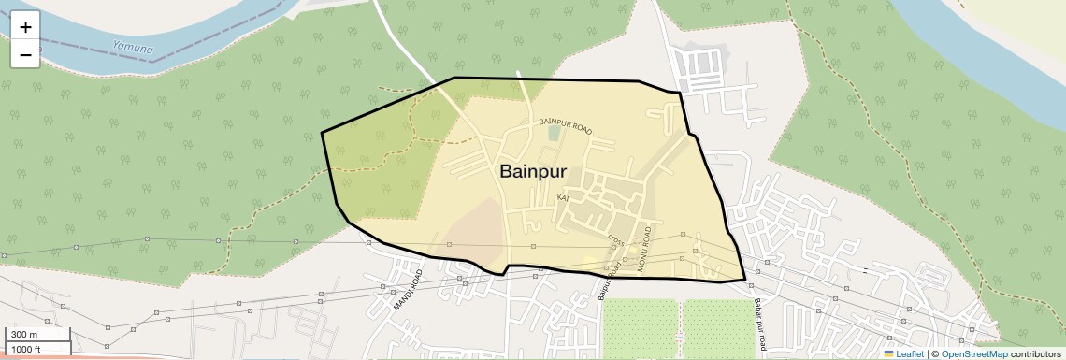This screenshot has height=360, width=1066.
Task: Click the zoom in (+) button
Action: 25,27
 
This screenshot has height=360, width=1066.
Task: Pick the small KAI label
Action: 562,198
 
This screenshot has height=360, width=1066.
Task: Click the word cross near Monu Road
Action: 615,242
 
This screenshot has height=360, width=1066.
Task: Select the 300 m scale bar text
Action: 23,335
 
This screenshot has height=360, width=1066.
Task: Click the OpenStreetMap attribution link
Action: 973,353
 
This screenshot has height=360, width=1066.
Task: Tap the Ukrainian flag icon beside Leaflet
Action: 888,353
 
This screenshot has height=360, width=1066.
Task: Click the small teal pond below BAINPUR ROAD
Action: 554,134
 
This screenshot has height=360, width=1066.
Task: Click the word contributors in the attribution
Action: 1035,353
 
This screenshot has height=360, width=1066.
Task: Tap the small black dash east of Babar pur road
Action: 865,270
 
